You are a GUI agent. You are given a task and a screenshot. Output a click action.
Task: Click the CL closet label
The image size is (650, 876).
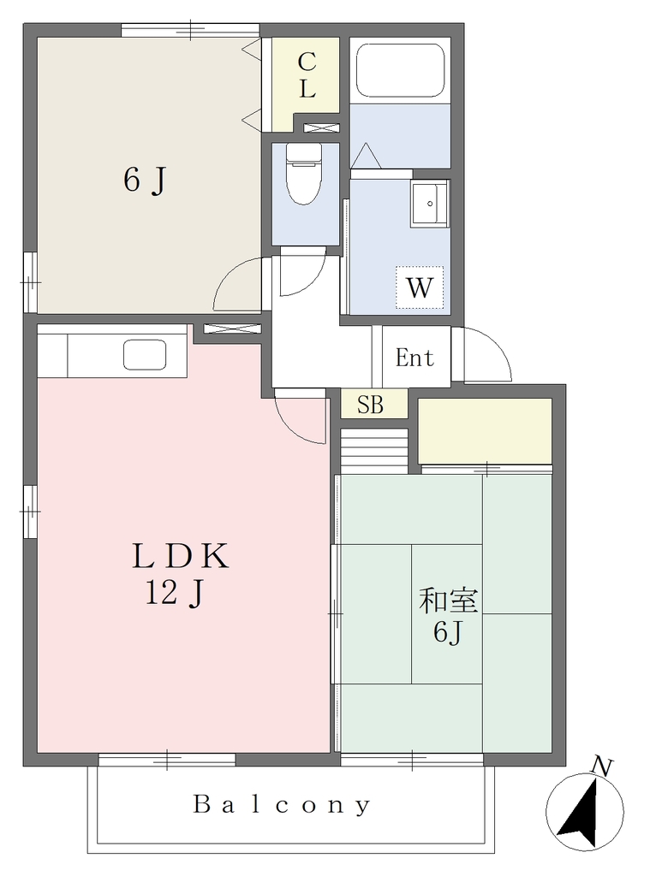tap(307, 75)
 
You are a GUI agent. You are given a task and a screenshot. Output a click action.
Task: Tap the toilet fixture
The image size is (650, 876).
tap(304, 173)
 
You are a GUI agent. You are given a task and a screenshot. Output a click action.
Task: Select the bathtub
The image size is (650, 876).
tap(401, 70)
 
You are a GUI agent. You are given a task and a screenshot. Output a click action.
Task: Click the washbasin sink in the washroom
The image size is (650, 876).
tap(430, 204)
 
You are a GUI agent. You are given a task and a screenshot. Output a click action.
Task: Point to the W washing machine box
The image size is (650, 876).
tap(420, 287)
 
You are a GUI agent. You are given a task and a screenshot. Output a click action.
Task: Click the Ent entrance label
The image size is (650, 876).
tap(414, 358)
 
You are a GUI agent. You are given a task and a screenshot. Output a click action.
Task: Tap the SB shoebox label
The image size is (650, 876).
tap(370, 405)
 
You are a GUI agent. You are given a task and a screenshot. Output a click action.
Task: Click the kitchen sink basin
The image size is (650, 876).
tap(145, 355)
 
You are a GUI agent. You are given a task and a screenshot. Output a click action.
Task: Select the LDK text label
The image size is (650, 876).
tap(180, 557)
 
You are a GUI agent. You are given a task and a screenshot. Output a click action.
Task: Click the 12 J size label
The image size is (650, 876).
tap(175, 594)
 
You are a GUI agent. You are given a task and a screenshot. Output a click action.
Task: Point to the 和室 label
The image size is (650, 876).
tap(449, 601)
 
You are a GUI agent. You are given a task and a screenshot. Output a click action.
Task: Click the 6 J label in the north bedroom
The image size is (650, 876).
tap(145, 181)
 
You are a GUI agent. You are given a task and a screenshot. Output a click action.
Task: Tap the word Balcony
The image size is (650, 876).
tap(282, 805)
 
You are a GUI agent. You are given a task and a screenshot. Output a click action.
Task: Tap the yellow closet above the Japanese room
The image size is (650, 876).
tap(485, 431)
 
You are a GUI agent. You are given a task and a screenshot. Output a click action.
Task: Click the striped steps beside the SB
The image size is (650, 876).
tap(373, 452)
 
